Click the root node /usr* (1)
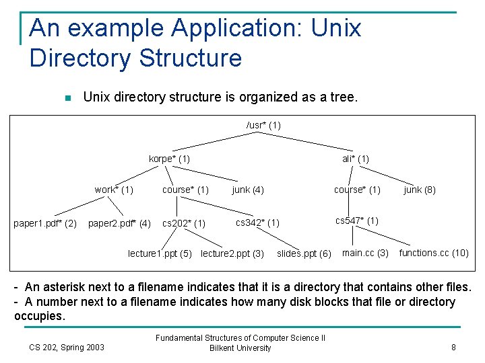[263, 125]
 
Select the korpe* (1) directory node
[169, 159]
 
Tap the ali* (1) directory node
[355, 159]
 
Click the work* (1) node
[114, 190]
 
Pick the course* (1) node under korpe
[185, 190]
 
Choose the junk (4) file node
[247, 190]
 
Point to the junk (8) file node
[420, 190]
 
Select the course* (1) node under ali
[357, 190]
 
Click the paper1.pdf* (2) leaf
[45, 223]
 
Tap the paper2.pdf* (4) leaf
[120, 223]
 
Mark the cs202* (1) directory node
[184, 223]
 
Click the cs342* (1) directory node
[257, 223]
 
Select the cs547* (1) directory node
[356, 220]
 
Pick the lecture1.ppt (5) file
[160, 253]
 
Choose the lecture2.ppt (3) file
[232, 253]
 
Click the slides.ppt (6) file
[304, 253]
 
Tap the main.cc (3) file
[365, 253]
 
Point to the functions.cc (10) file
[434, 253]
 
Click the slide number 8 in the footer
[453, 348]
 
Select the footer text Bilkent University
[240, 348]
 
